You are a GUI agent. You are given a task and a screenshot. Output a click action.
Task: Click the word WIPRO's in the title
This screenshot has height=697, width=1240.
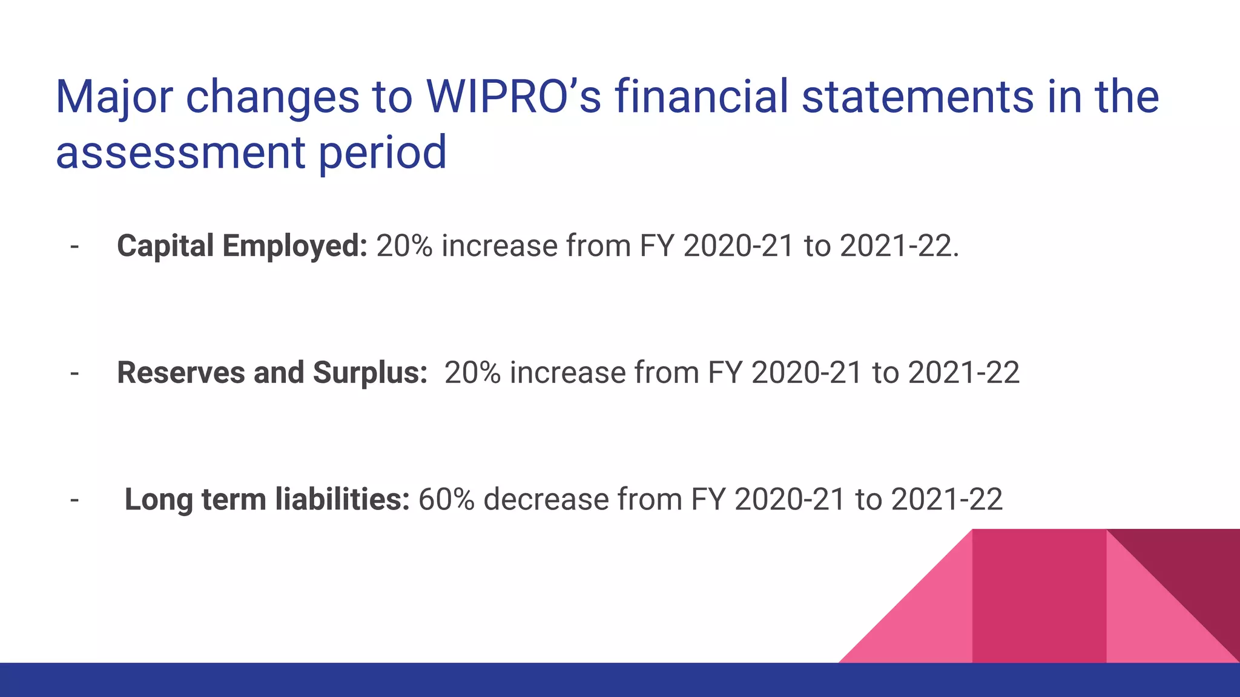513,97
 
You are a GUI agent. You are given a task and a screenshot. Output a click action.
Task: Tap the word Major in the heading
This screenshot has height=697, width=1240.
114,97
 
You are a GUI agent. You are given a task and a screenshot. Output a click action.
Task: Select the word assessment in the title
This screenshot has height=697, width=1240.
180,152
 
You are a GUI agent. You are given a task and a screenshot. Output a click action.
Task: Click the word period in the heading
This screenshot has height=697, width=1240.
382,152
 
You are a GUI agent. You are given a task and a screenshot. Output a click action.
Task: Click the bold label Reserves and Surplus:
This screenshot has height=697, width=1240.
272,373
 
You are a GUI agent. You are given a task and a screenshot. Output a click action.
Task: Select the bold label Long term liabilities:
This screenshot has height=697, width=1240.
267,500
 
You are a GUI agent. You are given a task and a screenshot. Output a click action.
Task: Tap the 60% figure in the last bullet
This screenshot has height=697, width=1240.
446,500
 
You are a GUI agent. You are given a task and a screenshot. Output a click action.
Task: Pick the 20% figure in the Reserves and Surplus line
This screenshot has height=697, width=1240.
472,373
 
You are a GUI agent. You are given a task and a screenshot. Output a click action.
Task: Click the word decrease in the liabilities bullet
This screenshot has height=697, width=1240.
546,500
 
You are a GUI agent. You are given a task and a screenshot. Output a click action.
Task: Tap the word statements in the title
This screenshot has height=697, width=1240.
918,97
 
